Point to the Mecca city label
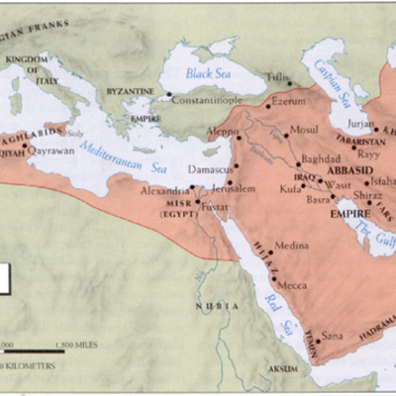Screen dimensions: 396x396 point(290,286)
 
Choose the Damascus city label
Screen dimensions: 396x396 point(211,171)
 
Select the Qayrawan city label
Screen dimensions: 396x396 point(51,151)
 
